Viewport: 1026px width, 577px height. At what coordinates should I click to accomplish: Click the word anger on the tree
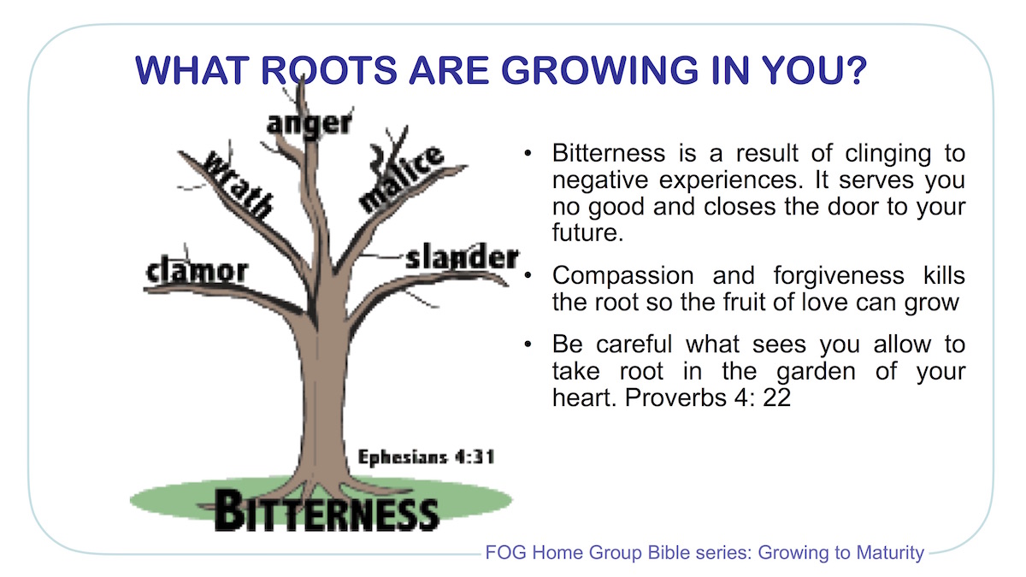(x=310, y=122)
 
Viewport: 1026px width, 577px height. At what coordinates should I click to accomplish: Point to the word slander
(x=462, y=256)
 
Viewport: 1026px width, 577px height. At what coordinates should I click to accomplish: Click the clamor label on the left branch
(x=197, y=271)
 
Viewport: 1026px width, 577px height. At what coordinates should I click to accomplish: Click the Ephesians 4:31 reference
(x=426, y=456)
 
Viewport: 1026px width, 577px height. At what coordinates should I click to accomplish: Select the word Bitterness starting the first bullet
(x=608, y=154)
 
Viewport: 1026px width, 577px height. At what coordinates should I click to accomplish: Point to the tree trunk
(x=317, y=385)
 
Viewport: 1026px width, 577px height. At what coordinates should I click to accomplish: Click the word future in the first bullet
(x=584, y=232)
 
